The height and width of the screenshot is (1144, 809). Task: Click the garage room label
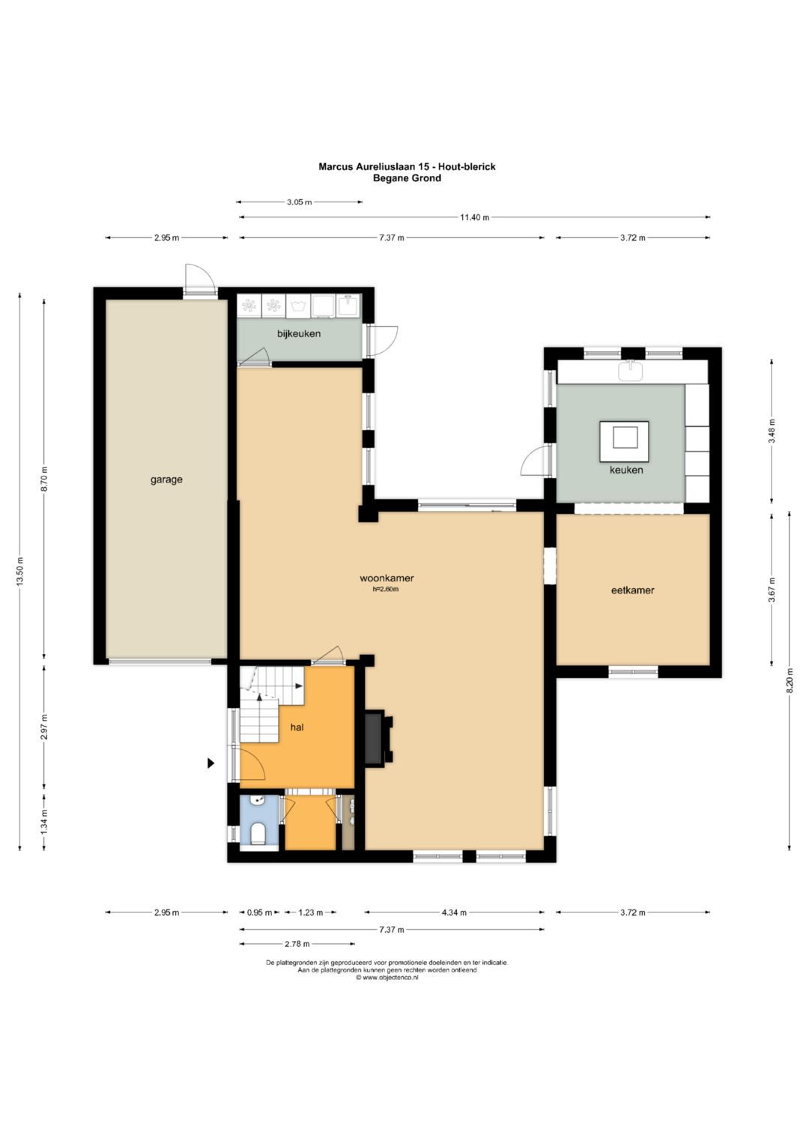pos(166,480)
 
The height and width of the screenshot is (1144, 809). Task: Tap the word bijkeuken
pos(299,334)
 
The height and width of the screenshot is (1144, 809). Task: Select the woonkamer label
pos(387,578)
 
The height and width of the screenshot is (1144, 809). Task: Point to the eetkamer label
pos(633,590)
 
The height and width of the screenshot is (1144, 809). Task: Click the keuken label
pos(626,470)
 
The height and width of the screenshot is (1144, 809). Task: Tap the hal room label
pos(297,727)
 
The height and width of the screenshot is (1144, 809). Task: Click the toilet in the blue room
pos(258,834)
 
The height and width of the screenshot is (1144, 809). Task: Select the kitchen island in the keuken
pos(625,441)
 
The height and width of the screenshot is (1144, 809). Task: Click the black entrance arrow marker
pos(210,763)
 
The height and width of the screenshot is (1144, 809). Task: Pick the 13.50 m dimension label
pos(20,572)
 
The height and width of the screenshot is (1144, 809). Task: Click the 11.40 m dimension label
pos(474,217)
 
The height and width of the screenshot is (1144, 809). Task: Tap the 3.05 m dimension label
pos(300,202)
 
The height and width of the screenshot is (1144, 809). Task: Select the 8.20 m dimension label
pos(790,681)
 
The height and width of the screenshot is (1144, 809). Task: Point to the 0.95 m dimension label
pos(259,913)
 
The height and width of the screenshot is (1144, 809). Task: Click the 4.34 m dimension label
pos(453,913)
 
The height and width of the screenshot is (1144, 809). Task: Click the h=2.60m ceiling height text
pos(386,589)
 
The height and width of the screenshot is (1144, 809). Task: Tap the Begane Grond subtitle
pos(407,178)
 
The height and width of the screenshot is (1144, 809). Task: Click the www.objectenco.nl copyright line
pos(387,978)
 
